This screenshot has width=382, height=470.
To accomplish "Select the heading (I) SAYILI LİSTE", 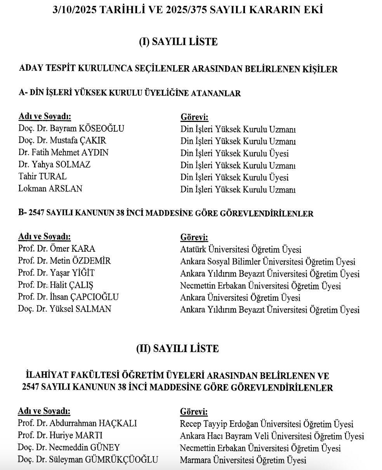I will (178, 42).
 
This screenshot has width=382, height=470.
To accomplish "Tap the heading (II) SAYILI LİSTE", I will (177, 349).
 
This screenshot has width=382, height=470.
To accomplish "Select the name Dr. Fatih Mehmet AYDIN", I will (63, 153).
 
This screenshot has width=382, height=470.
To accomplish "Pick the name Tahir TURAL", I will (42, 177).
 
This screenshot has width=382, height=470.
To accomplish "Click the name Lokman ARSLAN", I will (50, 189).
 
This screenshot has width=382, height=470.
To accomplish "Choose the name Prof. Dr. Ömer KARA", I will (57, 249).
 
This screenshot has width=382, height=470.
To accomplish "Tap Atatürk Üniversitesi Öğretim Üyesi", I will (241, 249).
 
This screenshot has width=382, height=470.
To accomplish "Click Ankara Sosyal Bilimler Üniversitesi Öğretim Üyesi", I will (268, 262).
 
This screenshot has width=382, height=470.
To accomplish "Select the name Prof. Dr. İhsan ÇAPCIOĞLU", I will (68, 298).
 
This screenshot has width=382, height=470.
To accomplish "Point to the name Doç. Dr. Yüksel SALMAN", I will (65, 310).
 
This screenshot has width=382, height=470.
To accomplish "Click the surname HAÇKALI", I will (118, 424).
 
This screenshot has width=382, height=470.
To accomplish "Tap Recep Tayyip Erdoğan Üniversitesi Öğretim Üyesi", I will (267, 424).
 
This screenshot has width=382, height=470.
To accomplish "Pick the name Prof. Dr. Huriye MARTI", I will (60, 436).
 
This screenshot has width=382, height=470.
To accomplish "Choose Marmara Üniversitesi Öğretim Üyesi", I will (243, 460).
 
